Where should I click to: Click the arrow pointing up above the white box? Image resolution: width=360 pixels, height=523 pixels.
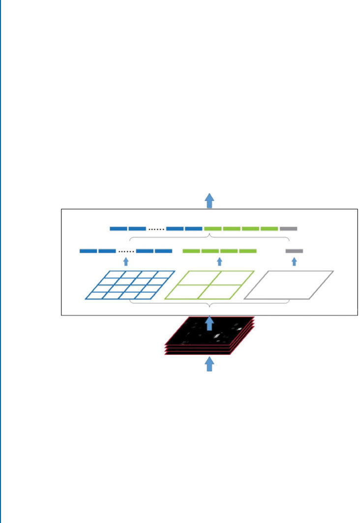[x=210, y=200]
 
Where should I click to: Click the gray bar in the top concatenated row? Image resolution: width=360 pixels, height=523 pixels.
[x=288, y=229]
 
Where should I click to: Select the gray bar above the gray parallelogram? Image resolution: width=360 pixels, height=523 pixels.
[x=294, y=251]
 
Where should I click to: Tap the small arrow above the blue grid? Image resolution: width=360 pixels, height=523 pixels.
[x=126, y=261]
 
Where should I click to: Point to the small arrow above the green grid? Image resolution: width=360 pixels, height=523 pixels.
[x=219, y=261]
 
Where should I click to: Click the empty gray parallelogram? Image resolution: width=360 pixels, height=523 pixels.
[x=289, y=284]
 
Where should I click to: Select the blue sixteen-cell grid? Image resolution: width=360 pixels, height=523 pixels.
[x=130, y=284]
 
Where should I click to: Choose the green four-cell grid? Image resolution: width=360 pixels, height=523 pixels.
[x=210, y=284]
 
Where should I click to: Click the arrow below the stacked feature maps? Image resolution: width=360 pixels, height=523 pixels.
[x=210, y=364]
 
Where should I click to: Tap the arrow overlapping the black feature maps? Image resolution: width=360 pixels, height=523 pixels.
[x=210, y=323]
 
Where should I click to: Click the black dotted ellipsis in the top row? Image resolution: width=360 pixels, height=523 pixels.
[x=156, y=229]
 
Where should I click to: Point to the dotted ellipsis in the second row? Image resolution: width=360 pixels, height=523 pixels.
[x=126, y=251]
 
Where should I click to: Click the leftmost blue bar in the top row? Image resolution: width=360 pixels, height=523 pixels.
[x=119, y=229]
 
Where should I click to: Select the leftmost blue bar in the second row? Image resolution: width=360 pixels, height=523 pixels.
[x=88, y=251]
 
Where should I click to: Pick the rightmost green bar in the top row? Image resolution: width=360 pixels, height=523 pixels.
[x=269, y=229]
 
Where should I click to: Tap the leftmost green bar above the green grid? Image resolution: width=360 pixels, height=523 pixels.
[x=191, y=251]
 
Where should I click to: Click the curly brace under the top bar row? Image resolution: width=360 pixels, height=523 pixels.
[x=210, y=238]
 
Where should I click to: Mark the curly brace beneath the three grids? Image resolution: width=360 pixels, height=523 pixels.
[x=210, y=303]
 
